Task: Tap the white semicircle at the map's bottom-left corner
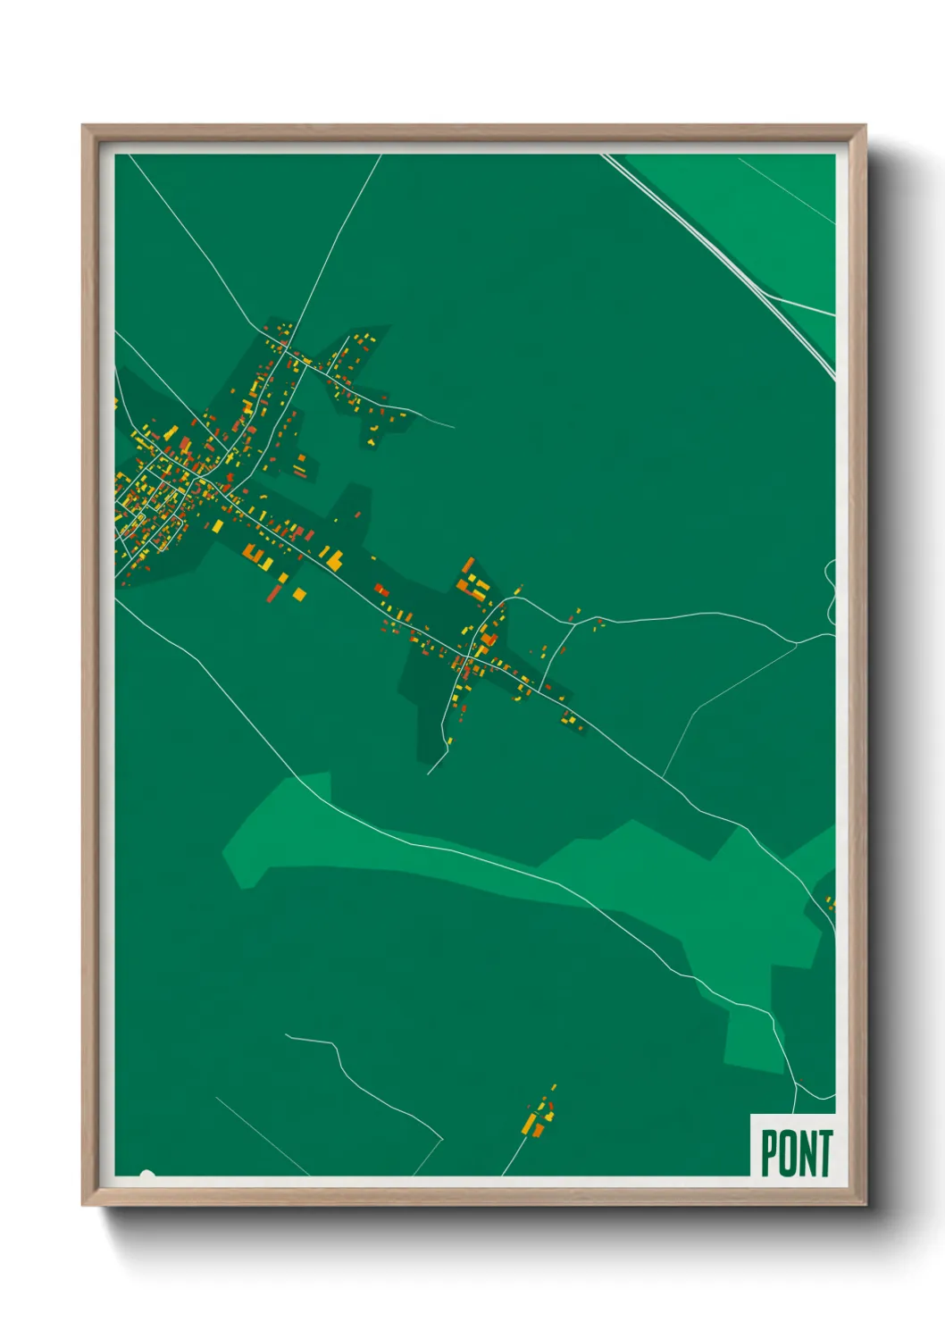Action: (x=147, y=1175)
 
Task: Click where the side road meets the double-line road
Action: (x=765, y=295)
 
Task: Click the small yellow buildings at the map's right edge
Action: (x=831, y=904)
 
